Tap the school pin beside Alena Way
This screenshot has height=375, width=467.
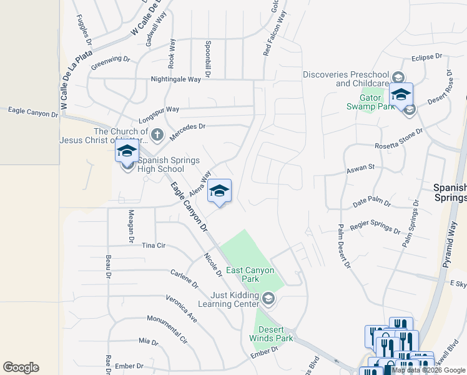point(219,191)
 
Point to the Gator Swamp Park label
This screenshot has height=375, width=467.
point(370,102)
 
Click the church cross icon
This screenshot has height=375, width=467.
point(157,134)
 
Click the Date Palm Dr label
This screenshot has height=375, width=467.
point(371,204)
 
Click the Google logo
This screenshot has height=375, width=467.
point(21,367)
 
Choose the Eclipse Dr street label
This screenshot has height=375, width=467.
point(426,57)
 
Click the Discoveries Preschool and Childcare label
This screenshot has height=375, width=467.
point(345,79)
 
